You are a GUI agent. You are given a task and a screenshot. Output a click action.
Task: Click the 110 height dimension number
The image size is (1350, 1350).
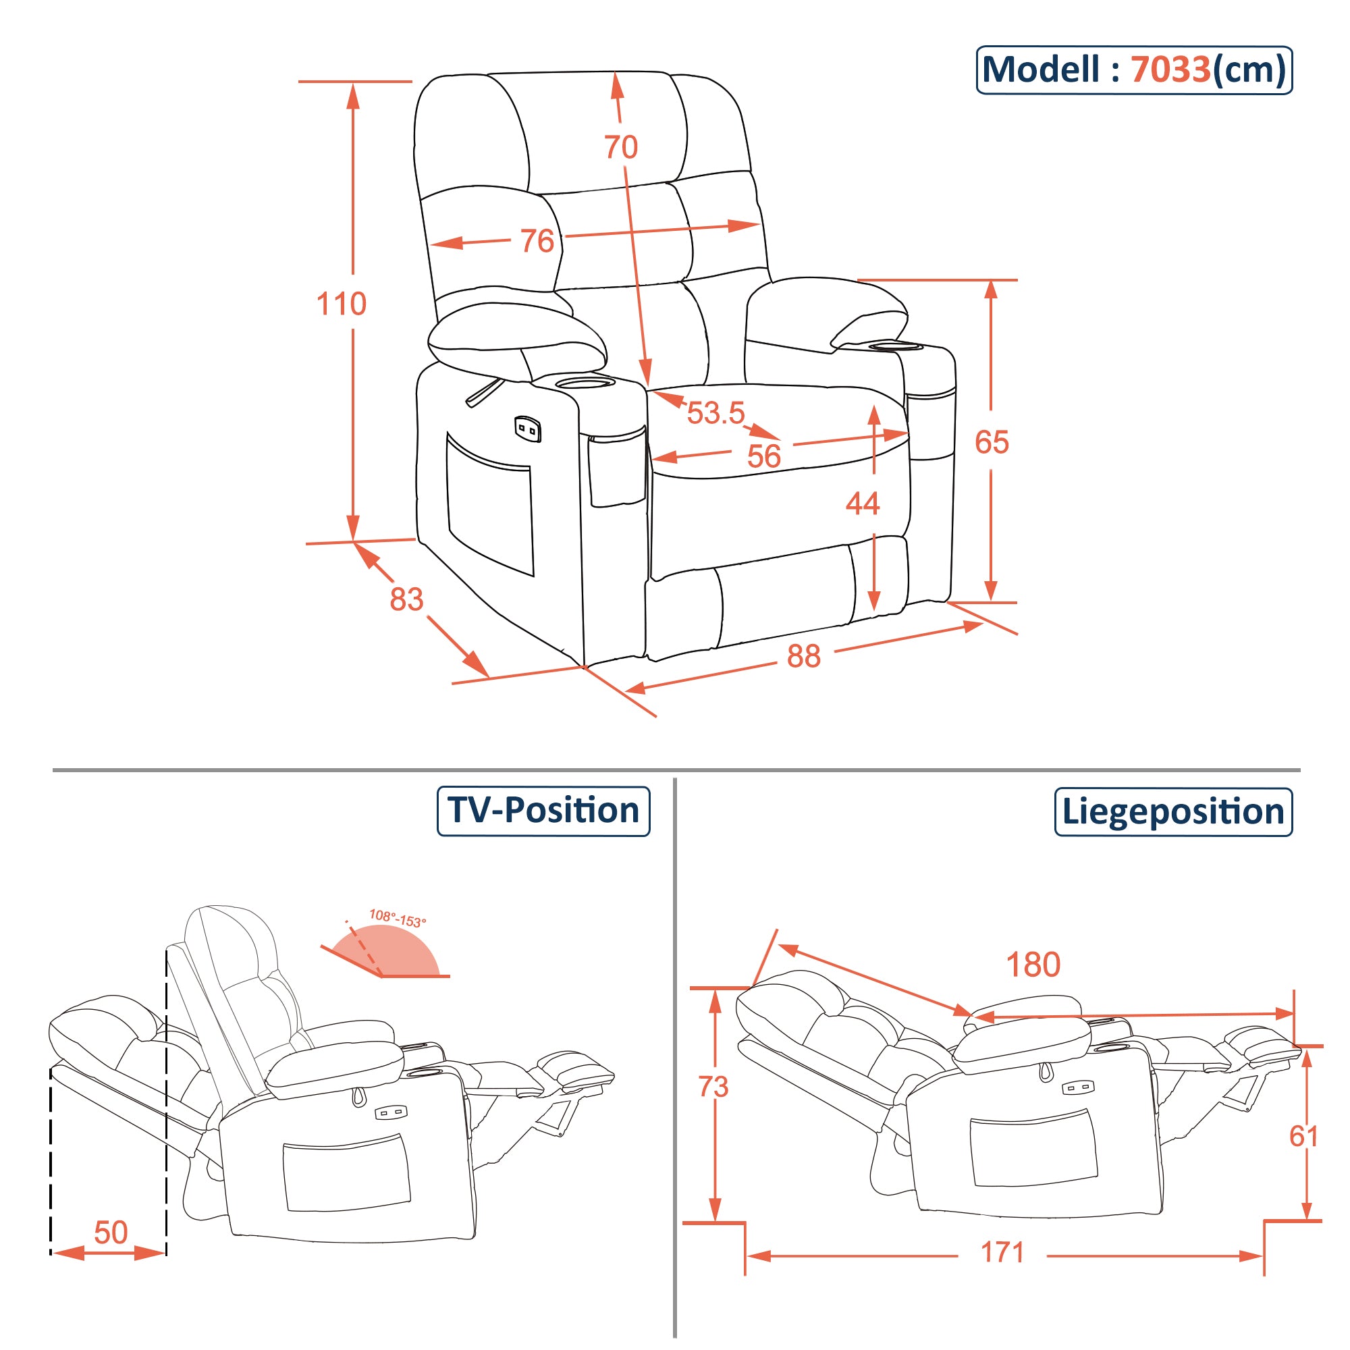[x=341, y=304]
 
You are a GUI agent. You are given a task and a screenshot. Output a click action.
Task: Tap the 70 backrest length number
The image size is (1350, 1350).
[x=620, y=147]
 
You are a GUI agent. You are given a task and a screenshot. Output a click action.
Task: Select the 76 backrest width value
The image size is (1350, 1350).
[x=537, y=241]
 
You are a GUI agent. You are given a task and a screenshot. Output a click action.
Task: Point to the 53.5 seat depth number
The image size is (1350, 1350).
[x=715, y=413]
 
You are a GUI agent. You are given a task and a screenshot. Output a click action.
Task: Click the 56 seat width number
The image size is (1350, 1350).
[x=763, y=457]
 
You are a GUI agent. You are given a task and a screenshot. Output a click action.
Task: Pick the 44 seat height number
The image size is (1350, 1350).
[x=862, y=504]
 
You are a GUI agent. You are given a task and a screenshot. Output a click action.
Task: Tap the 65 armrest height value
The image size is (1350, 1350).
[x=992, y=442]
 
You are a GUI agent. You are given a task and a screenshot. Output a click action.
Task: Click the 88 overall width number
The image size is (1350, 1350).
[x=803, y=657]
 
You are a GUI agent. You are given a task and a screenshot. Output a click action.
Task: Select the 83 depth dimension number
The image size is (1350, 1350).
[x=406, y=599]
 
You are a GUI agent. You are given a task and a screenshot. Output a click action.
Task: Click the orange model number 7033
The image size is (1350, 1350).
[x=1170, y=70]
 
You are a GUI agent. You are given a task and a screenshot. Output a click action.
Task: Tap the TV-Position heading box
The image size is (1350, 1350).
[x=543, y=811]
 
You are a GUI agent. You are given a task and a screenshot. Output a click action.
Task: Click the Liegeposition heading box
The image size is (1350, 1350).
[x=1172, y=812]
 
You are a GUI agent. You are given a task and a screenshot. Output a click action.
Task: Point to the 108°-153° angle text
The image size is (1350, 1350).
[x=397, y=919]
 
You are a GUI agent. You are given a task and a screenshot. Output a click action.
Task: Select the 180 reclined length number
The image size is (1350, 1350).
[x=1033, y=965]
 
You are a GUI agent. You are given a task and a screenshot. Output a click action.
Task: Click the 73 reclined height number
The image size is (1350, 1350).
[x=713, y=1087]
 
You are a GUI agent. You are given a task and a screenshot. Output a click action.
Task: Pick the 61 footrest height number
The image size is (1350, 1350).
[x=1303, y=1137]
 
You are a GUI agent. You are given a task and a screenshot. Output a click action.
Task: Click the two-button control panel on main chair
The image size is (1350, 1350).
[x=529, y=429]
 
